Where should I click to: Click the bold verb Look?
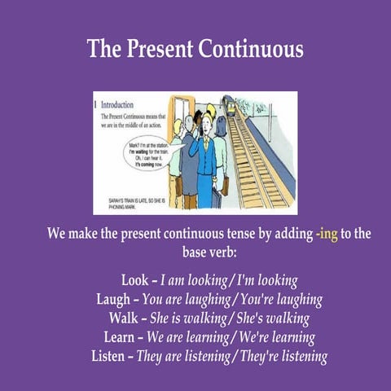click(135, 279)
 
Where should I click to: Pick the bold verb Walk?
click(122, 318)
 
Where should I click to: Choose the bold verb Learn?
click(120, 337)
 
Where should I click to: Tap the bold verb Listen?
click(112, 356)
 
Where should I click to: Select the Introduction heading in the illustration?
click(117, 104)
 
